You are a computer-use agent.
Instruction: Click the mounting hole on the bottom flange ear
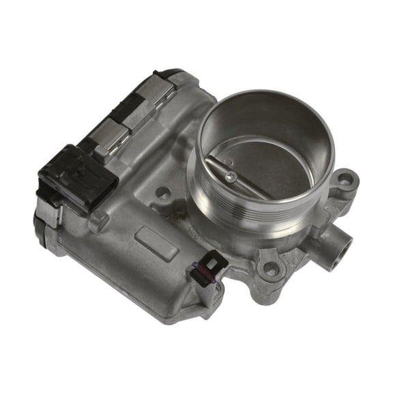[x=271, y=269]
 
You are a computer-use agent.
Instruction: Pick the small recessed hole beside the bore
[x=162, y=193]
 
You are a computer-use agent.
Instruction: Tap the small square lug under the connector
[x=98, y=220]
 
